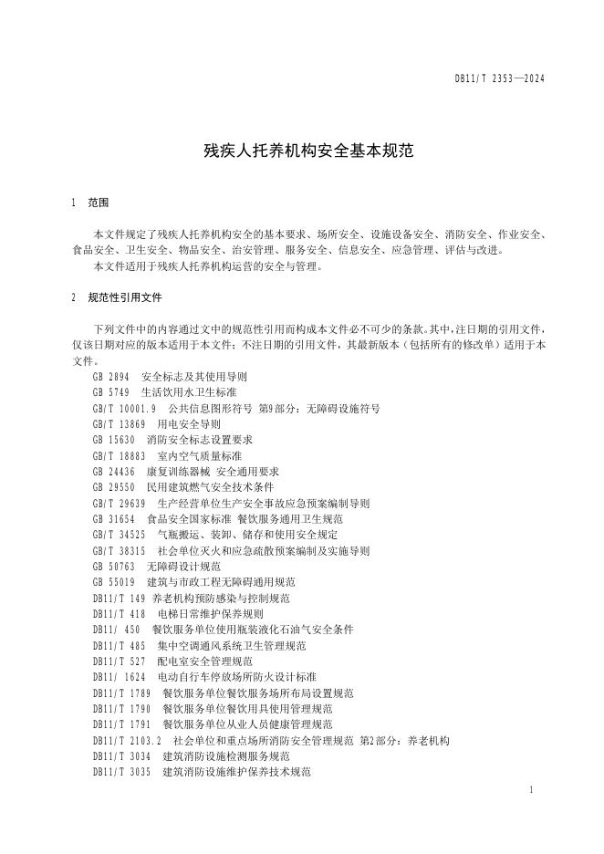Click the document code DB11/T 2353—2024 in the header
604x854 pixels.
499,80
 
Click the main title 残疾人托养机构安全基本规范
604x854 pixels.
301,151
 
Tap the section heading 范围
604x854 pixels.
99,202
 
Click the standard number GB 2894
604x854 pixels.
111,376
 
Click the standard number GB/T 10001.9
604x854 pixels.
125,409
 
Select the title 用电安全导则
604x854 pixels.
189,424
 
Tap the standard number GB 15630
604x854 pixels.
114,440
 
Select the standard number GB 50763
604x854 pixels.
114,566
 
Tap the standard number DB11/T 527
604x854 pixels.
120,661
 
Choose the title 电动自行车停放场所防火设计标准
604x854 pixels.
237,677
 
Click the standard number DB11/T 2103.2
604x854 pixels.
127,740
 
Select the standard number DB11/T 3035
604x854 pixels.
122,772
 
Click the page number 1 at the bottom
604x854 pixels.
530,788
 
